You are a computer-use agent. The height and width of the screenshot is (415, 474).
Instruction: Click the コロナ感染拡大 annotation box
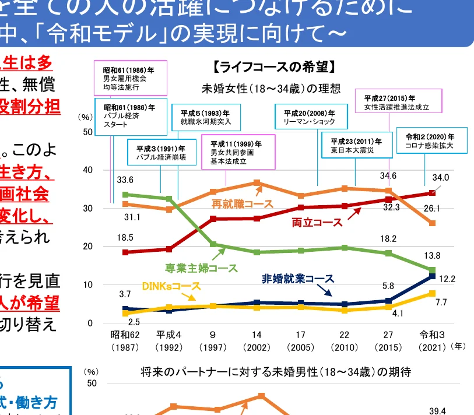tap(431, 140)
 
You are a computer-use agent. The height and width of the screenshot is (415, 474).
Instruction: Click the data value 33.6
tap(125, 180)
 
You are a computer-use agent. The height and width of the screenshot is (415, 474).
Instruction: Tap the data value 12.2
tap(447, 279)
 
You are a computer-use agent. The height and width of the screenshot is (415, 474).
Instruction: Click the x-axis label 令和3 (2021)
tap(432, 341)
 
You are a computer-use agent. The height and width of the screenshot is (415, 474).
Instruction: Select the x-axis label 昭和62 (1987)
tap(125, 341)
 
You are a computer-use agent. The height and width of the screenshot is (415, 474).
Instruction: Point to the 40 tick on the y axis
tap(88, 170)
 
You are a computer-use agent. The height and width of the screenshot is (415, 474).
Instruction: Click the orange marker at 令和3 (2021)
tap(432, 223)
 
